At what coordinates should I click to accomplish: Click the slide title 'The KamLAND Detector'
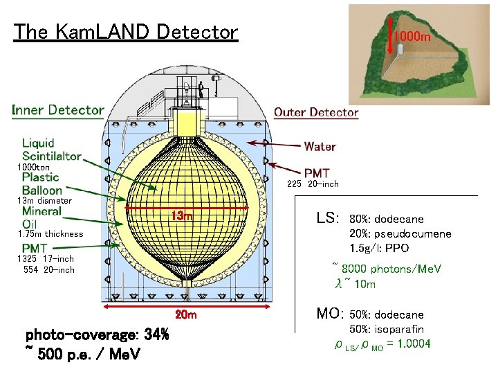(x=125, y=32)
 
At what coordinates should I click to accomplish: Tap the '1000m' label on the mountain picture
(x=412, y=36)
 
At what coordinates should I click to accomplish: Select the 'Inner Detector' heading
(x=58, y=110)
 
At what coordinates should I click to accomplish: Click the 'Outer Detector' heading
(x=316, y=112)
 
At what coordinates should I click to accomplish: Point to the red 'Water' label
(x=320, y=147)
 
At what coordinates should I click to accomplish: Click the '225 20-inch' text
(x=313, y=184)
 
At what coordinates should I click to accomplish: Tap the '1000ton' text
(x=34, y=168)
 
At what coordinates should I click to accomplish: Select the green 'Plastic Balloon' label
(x=42, y=184)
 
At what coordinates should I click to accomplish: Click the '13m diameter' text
(x=44, y=201)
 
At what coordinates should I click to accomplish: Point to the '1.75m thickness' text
(x=50, y=234)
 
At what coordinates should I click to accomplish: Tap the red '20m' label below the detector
(x=186, y=315)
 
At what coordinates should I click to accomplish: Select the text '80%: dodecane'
(x=387, y=220)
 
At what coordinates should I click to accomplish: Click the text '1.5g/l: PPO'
(x=379, y=248)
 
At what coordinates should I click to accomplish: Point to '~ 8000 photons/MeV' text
(x=387, y=269)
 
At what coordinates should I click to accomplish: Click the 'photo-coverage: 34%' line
(x=97, y=335)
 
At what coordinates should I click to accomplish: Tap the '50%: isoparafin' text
(x=387, y=330)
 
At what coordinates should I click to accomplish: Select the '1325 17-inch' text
(x=46, y=259)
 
